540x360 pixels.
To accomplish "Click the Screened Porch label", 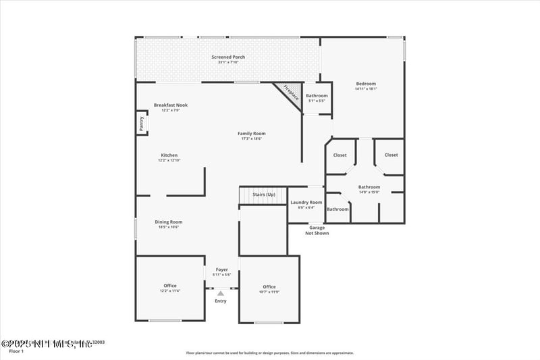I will click(x=228, y=57).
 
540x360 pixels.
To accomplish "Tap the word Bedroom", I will click(x=366, y=84).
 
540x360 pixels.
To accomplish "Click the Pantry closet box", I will click(x=142, y=123).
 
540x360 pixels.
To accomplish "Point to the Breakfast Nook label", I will click(x=170, y=105).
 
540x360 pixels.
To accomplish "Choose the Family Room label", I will click(x=251, y=134).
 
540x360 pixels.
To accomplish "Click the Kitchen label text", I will click(x=169, y=155).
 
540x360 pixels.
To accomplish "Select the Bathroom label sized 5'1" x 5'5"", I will click(x=317, y=96).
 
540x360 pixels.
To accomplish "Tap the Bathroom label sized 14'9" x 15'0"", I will click(x=369, y=187).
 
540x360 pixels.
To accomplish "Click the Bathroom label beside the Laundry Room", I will click(x=338, y=209).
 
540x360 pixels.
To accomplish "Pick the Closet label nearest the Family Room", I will click(x=340, y=155).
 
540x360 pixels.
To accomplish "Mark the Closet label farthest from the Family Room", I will click(x=391, y=155).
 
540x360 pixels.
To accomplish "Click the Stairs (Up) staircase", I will click(x=264, y=195).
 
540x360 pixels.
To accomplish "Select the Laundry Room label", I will click(x=306, y=203).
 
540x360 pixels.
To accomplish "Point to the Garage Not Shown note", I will click(x=317, y=230).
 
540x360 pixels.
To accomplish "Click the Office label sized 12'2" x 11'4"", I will click(x=169, y=286).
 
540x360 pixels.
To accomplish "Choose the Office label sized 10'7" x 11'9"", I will click(x=269, y=287).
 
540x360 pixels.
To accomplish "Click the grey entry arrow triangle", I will click(x=220, y=293).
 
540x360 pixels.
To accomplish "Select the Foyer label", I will click(x=221, y=269).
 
